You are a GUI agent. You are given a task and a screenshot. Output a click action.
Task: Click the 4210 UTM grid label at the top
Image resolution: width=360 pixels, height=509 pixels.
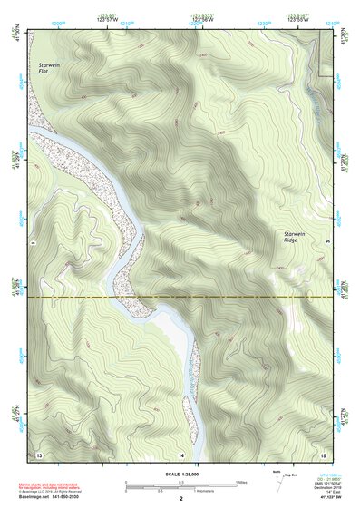point(124,23)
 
